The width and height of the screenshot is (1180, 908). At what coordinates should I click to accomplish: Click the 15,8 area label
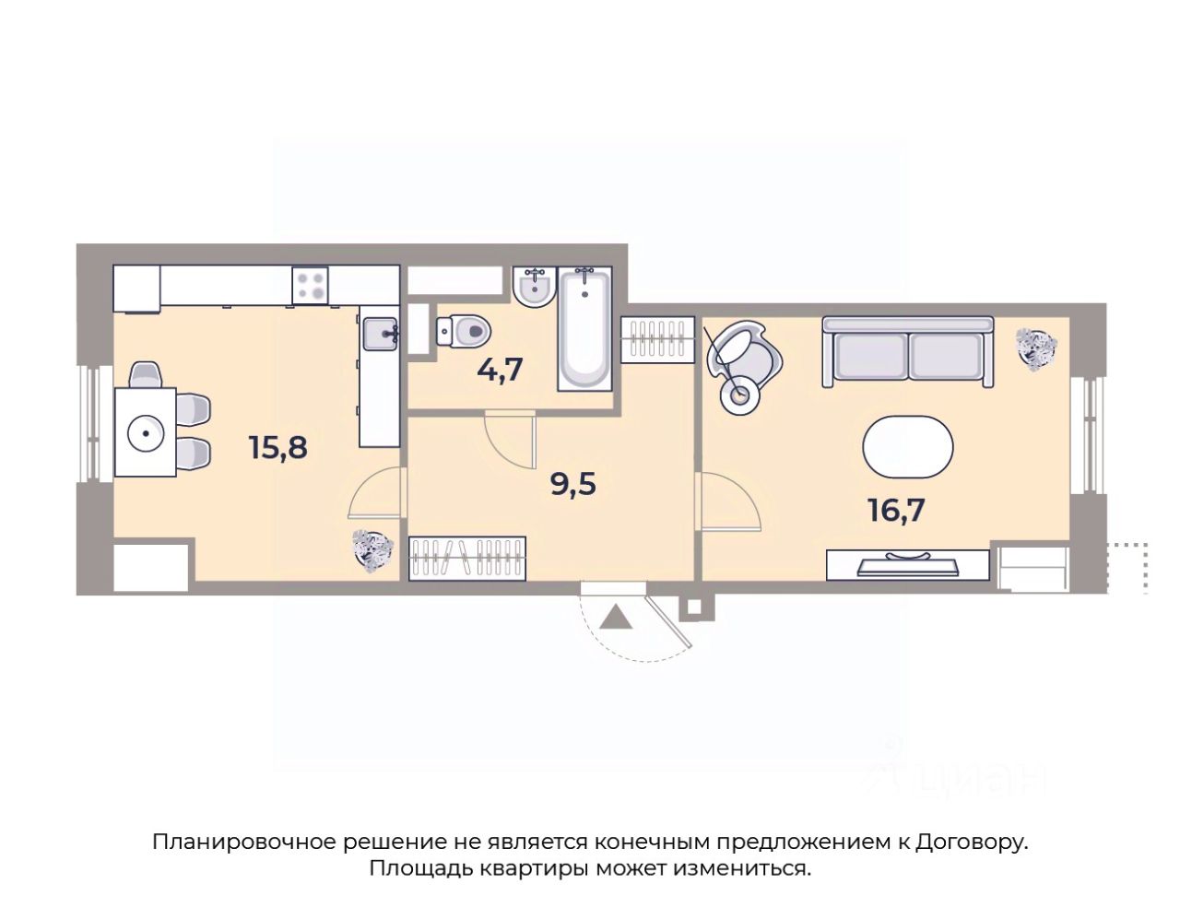tap(278, 448)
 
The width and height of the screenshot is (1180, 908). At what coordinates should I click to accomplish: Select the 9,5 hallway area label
tap(572, 484)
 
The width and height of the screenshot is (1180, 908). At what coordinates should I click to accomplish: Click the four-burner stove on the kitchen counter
tap(310, 286)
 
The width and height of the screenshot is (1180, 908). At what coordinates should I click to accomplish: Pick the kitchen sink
tap(381, 334)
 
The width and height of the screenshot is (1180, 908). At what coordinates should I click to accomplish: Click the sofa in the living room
tap(907, 352)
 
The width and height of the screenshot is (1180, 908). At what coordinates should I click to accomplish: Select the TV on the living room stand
tap(908, 564)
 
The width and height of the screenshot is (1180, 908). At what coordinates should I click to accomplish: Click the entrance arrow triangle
tap(616, 617)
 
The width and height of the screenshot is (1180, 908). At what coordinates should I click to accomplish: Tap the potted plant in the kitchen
tap(372, 548)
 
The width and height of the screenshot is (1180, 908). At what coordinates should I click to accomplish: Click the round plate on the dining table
tap(146, 433)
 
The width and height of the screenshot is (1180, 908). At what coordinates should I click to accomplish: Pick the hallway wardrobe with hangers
tap(467, 559)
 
